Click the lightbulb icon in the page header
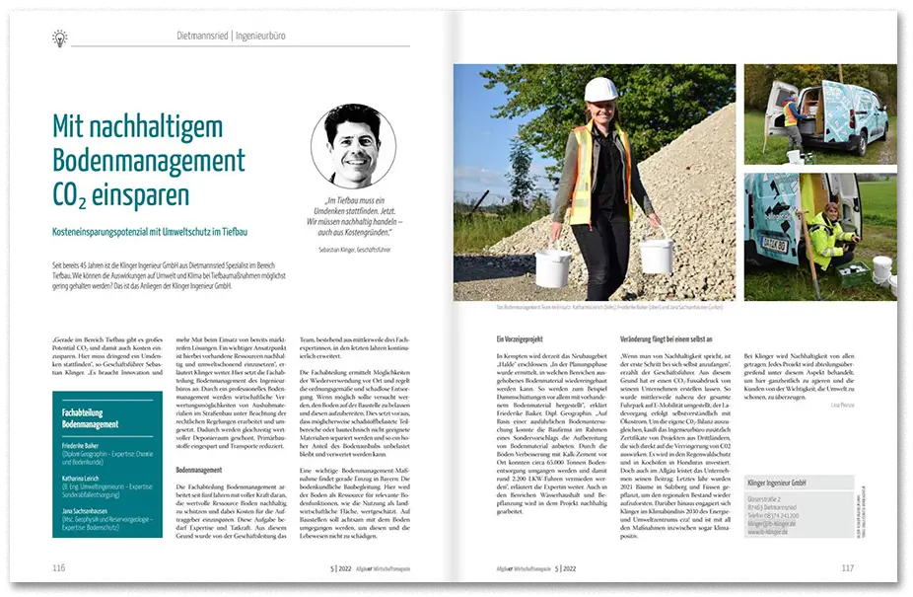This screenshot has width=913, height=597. click(x=60, y=37)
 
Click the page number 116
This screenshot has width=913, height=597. click(x=59, y=567)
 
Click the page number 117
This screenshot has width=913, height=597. click(x=847, y=567)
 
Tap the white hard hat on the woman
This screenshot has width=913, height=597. click(x=599, y=90)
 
